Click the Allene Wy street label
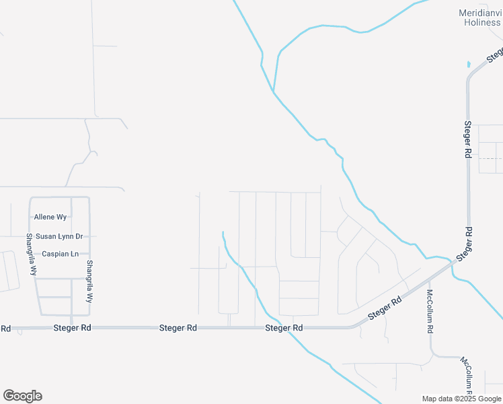click(x=51, y=217)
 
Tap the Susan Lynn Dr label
click(x=59, y=236)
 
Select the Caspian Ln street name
click(x=61, y=254)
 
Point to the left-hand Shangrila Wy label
click(x=30, y=254)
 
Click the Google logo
click(x=22, y=396)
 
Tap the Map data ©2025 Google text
click(x=462, y=399)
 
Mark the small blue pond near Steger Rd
click(x=469, y=65)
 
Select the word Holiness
click(x=482, y=22)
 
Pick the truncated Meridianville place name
click(x=480, y=13)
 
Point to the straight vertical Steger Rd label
click(x=467, y=139)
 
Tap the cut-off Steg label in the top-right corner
click(x=494, y=54)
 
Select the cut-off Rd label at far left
click(x=5, y=329)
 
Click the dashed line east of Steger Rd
click(x=490, y=158)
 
